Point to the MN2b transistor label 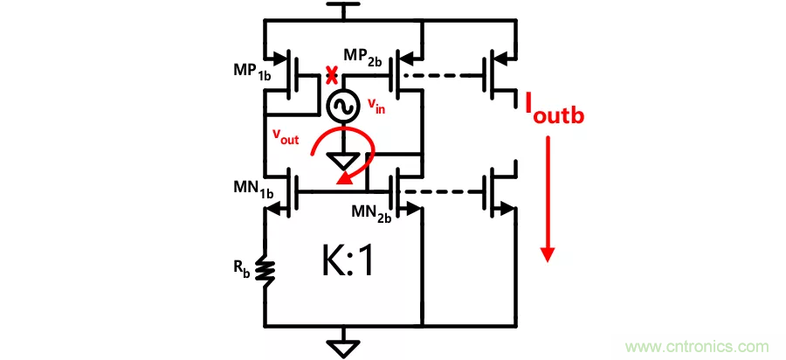[x=370, y=214]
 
